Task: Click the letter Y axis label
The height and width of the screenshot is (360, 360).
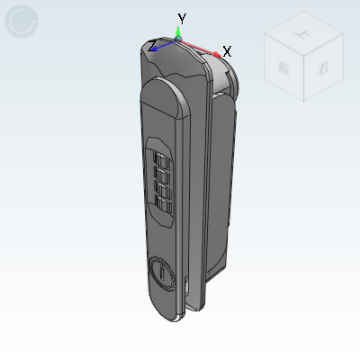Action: coord(182,18)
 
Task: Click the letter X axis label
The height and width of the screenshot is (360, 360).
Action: coord(227,51)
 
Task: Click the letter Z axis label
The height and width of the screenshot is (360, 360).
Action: coord(154,44)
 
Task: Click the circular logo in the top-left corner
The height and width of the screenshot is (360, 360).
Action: coord(21,21)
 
